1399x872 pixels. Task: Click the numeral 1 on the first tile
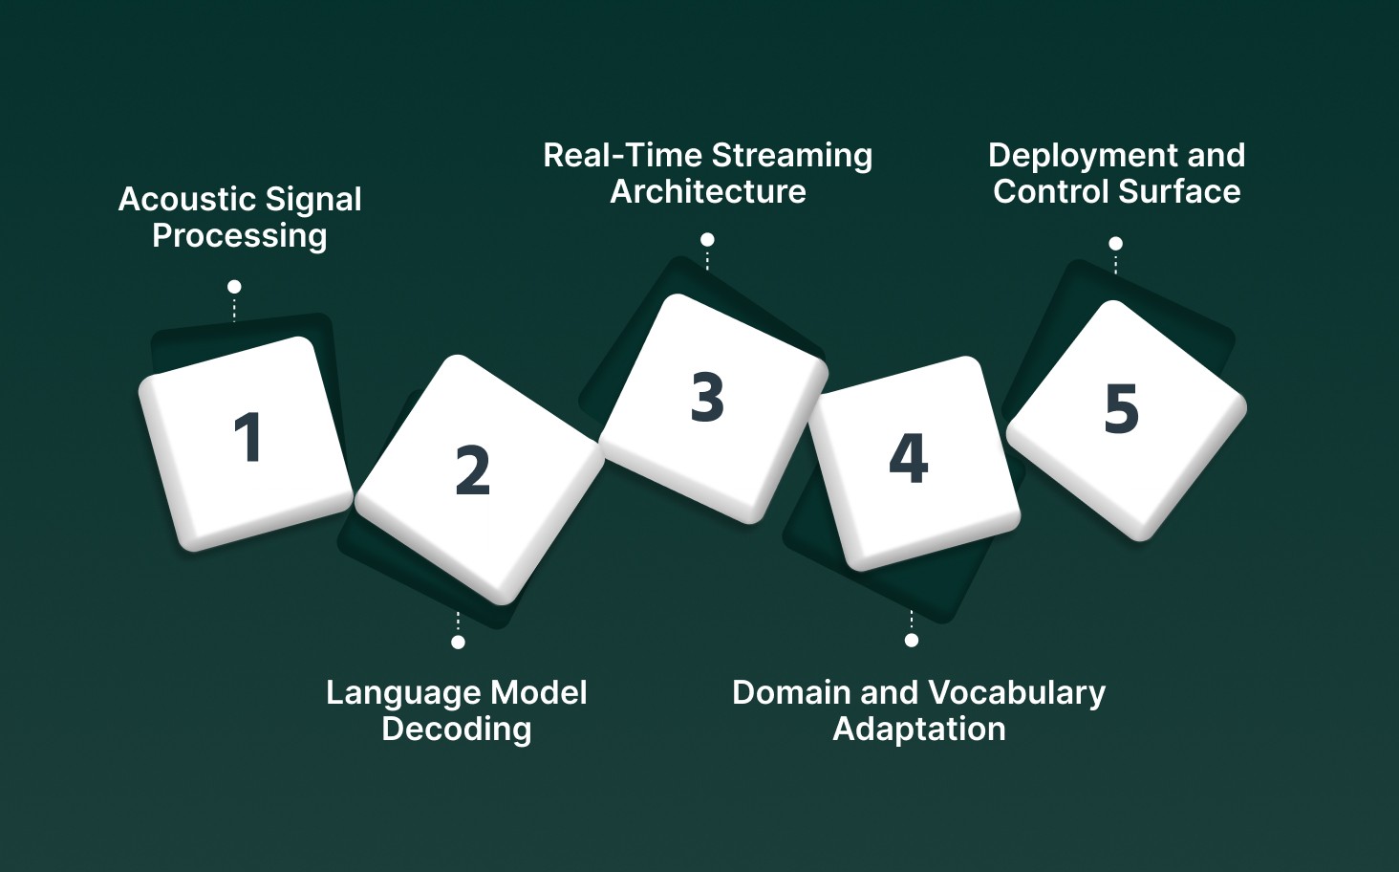(x=248, y=437)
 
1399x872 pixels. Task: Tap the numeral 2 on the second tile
(x=472, y=470)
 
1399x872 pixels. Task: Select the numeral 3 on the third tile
(x=707, y=397)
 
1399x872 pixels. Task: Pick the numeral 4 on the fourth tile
(x=908, y=458)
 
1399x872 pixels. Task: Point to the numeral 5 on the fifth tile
(x=1122, y=408)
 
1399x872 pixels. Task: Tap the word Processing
(x=240, y=236)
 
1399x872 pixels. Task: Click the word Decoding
(x=457, y=730)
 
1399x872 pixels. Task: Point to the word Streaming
(x=792, y=156)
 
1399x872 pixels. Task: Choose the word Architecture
(x=708, y=192)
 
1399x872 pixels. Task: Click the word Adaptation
(x=919, y=730)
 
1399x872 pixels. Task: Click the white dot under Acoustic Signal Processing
(x=234, y=287)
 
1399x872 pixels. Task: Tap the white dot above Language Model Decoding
(x=458, y=642)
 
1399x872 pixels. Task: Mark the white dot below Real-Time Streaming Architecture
(x=707, y=240)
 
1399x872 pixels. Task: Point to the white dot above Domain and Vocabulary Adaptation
(x=912, y=640)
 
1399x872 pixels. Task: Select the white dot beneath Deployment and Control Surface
(x=1115, y=244)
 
